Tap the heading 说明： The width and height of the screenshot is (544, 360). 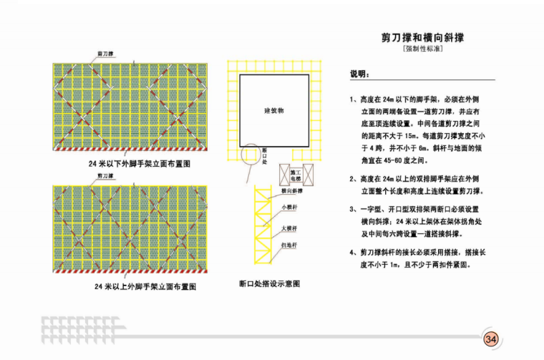[359, 74]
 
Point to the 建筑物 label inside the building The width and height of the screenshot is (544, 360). [274, 111]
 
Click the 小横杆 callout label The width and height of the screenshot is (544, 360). [288, 208]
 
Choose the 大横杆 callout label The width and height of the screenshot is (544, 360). [288, 228]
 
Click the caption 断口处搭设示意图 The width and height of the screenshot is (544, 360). [270, 283]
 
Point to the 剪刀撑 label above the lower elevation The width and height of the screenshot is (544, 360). [106, 185]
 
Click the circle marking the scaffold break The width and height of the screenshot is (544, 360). [251, 155]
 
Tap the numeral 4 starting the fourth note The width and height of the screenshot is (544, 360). [352, 253]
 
